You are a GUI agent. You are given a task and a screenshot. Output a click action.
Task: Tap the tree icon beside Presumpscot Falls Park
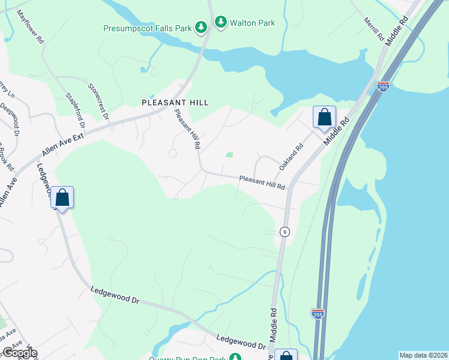point(201,27)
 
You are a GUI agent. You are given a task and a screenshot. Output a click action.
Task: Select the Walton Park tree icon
point(221,23)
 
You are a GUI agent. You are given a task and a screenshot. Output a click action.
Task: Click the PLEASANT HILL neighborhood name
point(175,103)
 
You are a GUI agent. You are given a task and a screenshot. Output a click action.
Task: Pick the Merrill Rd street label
point(373,28)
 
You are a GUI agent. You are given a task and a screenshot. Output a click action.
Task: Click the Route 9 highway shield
point(285,231)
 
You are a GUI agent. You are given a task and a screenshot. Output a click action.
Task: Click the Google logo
point(20,353)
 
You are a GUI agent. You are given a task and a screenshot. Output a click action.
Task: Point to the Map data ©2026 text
point(423,355)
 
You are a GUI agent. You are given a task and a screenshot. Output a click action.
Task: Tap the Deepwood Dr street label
point(9,117)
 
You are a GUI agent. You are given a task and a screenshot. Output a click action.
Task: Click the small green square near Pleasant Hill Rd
point(229,155)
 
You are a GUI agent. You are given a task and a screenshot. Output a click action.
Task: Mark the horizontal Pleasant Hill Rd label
point(261,182)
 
